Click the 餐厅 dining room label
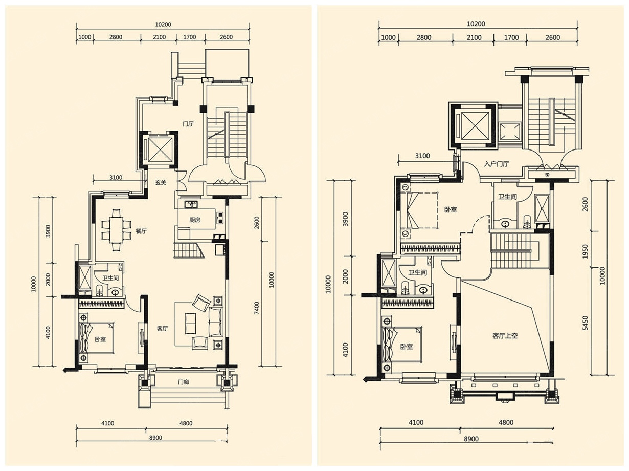(141, 231)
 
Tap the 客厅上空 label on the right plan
(505, 336)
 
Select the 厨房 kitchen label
(195, 220)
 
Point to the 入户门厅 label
(497, 164)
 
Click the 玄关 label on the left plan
(161, 183)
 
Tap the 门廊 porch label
(183, 382)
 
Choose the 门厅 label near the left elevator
(188, 124)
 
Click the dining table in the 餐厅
(116, 230)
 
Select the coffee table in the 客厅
(191, 324)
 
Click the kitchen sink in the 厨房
(191, 204)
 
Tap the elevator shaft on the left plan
(159, 149)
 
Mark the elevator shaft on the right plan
(473, 126)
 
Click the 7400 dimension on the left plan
(257, 308)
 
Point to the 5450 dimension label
(586, 323)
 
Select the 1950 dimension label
(586, 251)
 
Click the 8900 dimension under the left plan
(155, 438)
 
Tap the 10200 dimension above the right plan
(476, 24)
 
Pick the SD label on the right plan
(547, 175)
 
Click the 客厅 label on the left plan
(162, 329)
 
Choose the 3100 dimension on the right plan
(422, 156)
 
